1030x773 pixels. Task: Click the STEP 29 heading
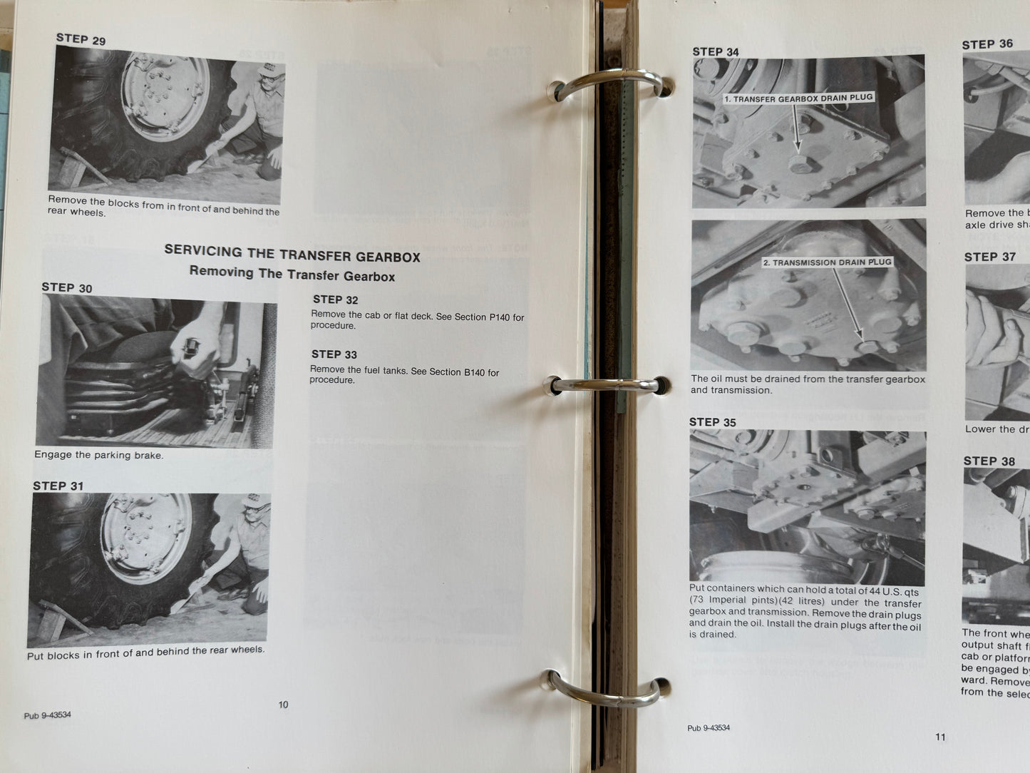81,39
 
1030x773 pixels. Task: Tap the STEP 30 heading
67,287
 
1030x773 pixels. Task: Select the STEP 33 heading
334,354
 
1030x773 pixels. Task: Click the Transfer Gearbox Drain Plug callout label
798,98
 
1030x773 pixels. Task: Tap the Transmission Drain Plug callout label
827,262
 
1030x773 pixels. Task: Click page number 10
283,705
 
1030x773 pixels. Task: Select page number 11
940,737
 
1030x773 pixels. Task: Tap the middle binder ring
606,384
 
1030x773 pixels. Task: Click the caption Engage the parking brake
99,455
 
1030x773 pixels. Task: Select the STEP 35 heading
712,422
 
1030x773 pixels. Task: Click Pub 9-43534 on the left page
47,715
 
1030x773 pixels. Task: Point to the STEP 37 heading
989,257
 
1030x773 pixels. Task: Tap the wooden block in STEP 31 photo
64,620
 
